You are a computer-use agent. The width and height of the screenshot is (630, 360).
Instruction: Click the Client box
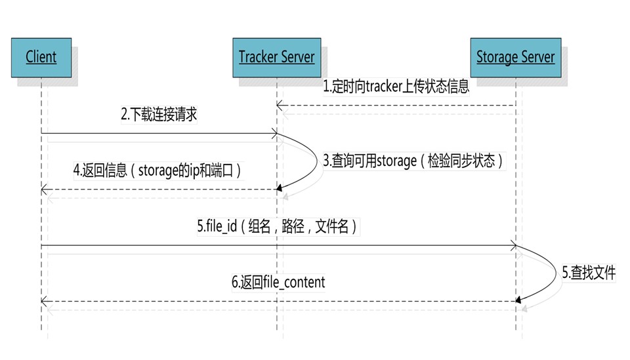point(41,57)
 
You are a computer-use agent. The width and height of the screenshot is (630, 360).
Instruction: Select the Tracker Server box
point(276,57)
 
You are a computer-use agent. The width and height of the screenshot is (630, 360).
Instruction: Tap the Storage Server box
point(515,57)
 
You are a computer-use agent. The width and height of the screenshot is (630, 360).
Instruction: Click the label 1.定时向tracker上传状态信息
point(396,87)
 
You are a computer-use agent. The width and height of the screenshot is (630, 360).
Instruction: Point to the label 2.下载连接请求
point(159,115)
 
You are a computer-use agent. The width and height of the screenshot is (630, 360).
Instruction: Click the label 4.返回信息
point(157,170)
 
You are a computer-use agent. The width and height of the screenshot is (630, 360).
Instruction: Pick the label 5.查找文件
point(589,273)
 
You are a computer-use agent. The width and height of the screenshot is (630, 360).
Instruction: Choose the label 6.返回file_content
point(278,283)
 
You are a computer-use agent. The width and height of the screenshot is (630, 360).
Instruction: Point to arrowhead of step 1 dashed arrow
point(280,105)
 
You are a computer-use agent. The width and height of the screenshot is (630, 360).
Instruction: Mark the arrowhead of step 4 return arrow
point(44,190)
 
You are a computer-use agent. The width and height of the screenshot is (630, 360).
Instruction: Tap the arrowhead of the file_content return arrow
point(44,301)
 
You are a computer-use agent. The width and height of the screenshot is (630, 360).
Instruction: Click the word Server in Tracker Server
point(298,57)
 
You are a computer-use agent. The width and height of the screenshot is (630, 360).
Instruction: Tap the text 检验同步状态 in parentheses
point(463,161)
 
